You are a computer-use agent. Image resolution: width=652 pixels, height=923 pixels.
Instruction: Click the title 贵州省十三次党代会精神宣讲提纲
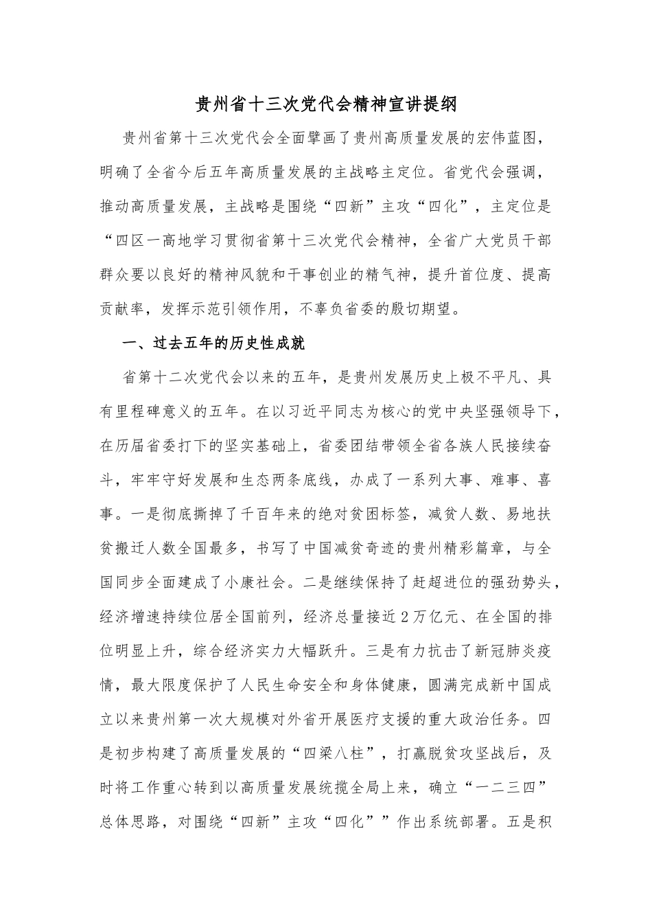click(325, 105)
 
